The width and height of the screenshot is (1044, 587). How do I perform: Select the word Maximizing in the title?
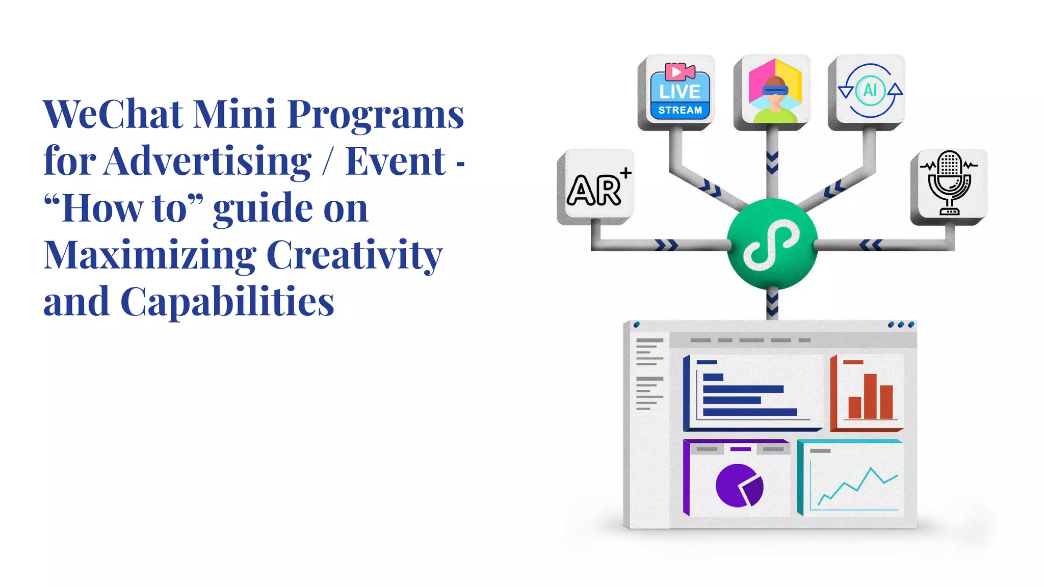[150, 255]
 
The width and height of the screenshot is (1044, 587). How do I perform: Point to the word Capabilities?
[227, 302]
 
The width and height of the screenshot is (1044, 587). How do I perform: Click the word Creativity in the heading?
[354, 255]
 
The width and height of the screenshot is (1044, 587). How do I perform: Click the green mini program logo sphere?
[772, 244]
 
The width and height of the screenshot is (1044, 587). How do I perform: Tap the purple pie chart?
[739, 486]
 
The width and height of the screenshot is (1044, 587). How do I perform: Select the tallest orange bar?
[870, 396]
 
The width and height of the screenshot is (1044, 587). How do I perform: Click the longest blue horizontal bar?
[749, 412]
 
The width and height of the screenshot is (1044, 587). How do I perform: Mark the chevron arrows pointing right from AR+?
[666, 245]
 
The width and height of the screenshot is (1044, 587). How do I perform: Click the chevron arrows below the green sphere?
[772, 304]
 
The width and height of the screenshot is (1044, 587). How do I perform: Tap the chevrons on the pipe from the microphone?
[871, 245]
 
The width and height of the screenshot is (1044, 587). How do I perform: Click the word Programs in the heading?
[376, 114]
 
